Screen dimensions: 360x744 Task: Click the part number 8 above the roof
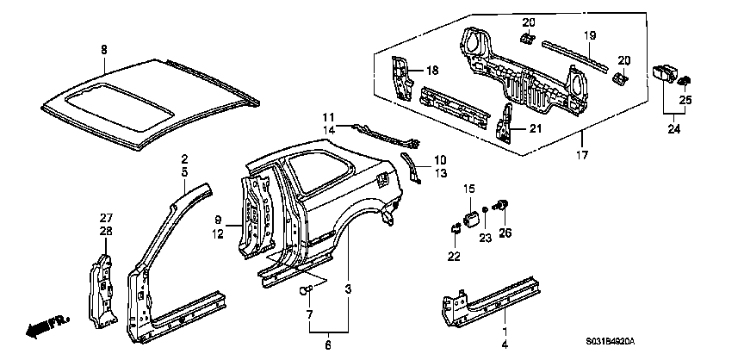[x=104, y=51]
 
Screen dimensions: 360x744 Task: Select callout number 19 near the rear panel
[x=591, y=35]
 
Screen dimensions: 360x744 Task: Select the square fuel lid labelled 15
[x=471, y=216]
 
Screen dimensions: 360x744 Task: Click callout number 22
[x=454, y=256]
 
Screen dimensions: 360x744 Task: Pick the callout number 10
[x=439, y=159]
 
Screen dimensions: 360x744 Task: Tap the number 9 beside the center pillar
[x=219, y=220]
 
